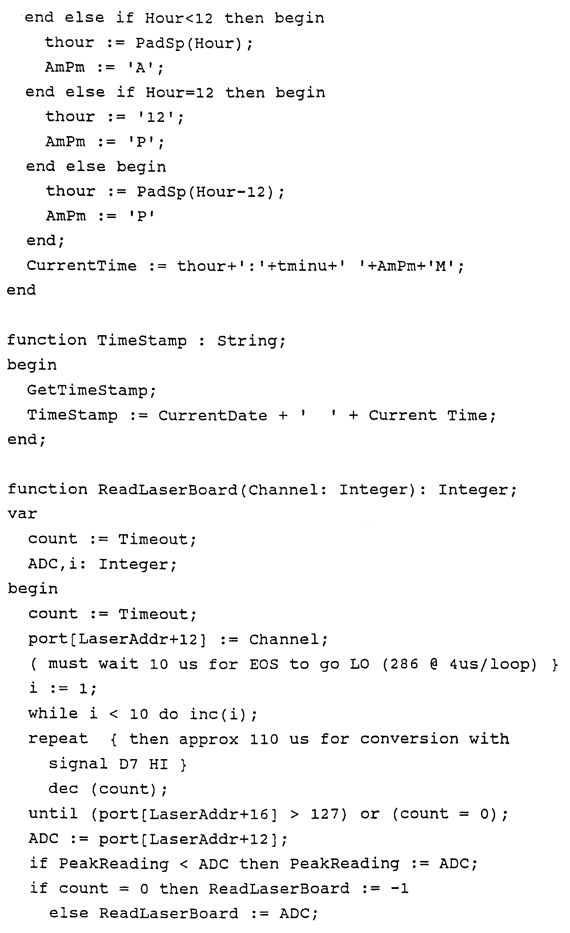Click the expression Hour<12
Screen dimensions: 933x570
click(x=179, y=18)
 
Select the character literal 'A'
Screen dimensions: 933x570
click(x=141, y=68)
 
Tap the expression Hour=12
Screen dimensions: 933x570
click(x=180, y=92)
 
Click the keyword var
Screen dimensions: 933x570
click(x=22, y=514)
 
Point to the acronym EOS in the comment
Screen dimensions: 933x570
click(x=264, y=664)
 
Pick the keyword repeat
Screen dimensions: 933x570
click(x=58, y=739)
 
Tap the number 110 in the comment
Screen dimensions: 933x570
click(x=264, y=739)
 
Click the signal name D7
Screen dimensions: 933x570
click(x=128, y=764)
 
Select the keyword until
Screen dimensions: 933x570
click(x=53, y=814)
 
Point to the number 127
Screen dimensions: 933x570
click(x=324, y=814)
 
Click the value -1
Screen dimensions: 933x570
click(x=400, y=889)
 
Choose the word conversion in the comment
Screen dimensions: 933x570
click(x=409, y=739)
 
